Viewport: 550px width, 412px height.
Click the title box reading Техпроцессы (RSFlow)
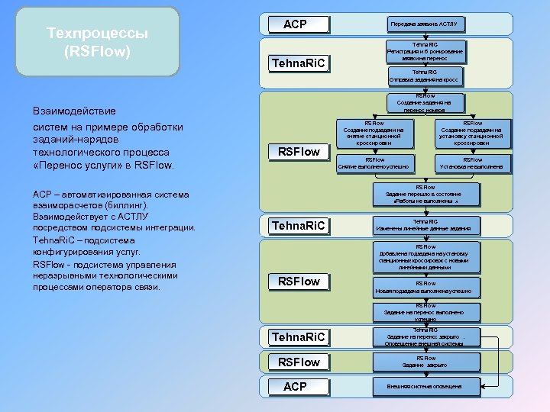click(x=98, y=43)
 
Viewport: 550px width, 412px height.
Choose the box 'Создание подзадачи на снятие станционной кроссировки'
click(x=374, y=133)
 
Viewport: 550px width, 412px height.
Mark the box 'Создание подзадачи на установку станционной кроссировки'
click(x=471, y=133)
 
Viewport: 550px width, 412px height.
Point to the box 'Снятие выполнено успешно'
click(x=374, y=163)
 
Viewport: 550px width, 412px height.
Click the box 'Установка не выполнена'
click(x=471, y=163)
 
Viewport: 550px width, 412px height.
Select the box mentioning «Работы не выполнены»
click(x=425, y=195)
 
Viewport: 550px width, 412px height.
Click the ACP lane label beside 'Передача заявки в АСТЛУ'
click(x=295, y=24)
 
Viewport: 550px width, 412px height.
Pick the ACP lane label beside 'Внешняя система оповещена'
click(x=295, y=387)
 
